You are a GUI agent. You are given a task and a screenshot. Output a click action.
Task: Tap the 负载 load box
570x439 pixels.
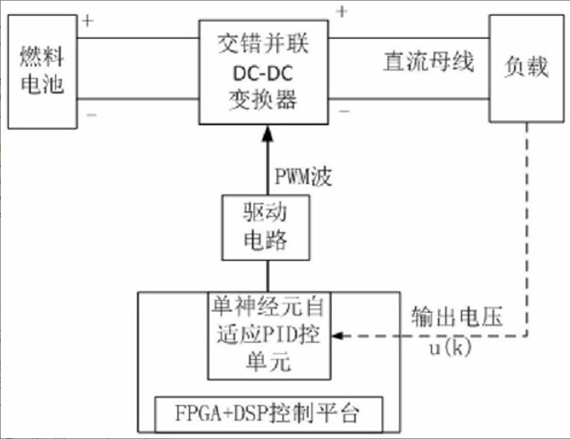click(x=527, y=68)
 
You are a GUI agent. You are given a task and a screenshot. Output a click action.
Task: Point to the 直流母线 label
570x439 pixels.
click(x=428, y=63)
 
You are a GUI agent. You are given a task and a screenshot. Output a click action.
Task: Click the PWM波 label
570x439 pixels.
click(x=303, y=176)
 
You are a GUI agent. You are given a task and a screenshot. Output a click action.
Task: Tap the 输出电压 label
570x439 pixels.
click(x=456, y=317)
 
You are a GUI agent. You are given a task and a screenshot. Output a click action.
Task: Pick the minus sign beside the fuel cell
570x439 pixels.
click(x=90, y=114)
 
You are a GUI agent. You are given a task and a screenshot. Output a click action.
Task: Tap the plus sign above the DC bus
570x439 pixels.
click(x=342, y=12)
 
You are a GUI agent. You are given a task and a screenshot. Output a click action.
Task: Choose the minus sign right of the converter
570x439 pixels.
click(x=344, y=111)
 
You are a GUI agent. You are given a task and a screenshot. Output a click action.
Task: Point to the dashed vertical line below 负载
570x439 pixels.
click(x=527, y=228)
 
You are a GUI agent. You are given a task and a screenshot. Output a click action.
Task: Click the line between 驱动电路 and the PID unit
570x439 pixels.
click(x=267, y=275)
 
